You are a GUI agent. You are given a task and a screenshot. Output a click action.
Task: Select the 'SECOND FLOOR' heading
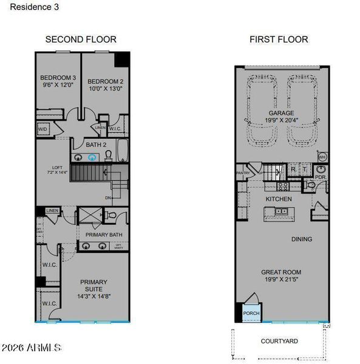[x=81, y=39]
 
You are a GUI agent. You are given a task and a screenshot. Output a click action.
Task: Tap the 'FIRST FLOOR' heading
[x=279, y=39]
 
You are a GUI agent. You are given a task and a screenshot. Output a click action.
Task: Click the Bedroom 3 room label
[x=58, y=82]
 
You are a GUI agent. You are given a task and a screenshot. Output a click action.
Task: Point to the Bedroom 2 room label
[x=105, y=84]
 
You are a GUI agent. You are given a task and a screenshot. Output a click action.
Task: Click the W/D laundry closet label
[x=43, y=129]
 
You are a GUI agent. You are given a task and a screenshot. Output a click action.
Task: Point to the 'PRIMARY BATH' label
[x=104, y=235]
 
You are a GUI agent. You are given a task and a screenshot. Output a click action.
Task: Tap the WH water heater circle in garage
[x=322, y=157]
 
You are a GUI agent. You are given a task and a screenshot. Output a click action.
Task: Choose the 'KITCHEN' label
[x=278, y=199]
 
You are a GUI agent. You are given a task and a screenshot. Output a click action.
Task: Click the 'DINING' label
[x=301, y=239]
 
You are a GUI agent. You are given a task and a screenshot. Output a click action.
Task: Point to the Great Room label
[x=281, y=276]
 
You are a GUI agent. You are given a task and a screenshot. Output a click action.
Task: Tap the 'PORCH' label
[x=251, y=314]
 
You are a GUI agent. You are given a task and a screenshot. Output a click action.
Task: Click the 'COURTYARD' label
[x=279, y=342]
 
